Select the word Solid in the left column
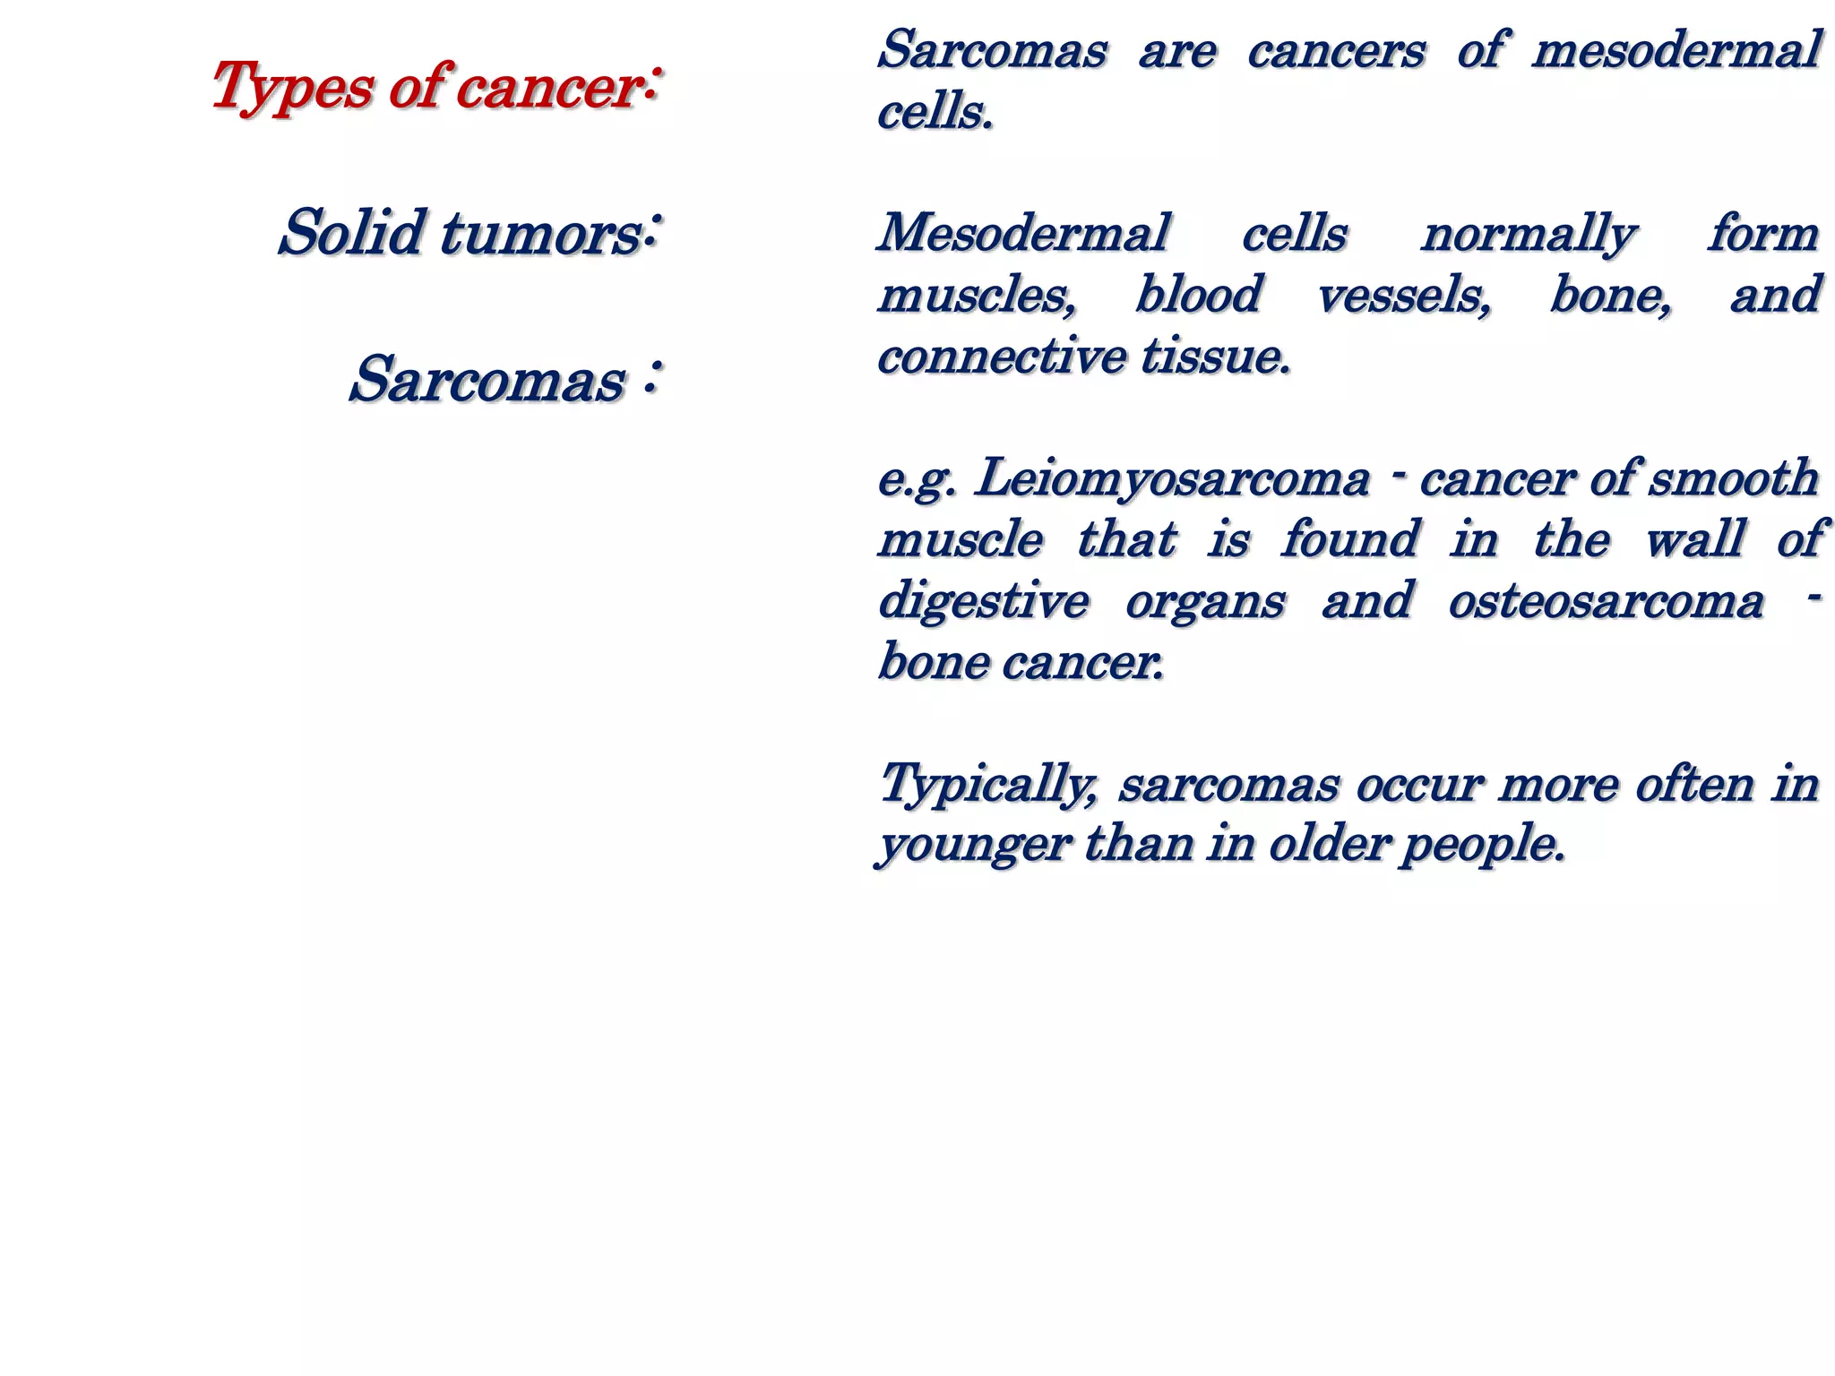coord(350,232)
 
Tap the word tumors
coord(542,234)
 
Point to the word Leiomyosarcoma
coord(1173,478)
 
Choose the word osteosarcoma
coord(1606,601)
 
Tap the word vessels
coord(1404,296)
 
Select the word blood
coord(1198,295)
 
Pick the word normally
coord(1529,236)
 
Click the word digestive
coord(983,601)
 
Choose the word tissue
coord(1216,357)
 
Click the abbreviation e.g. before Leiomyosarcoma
coord(917,480)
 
